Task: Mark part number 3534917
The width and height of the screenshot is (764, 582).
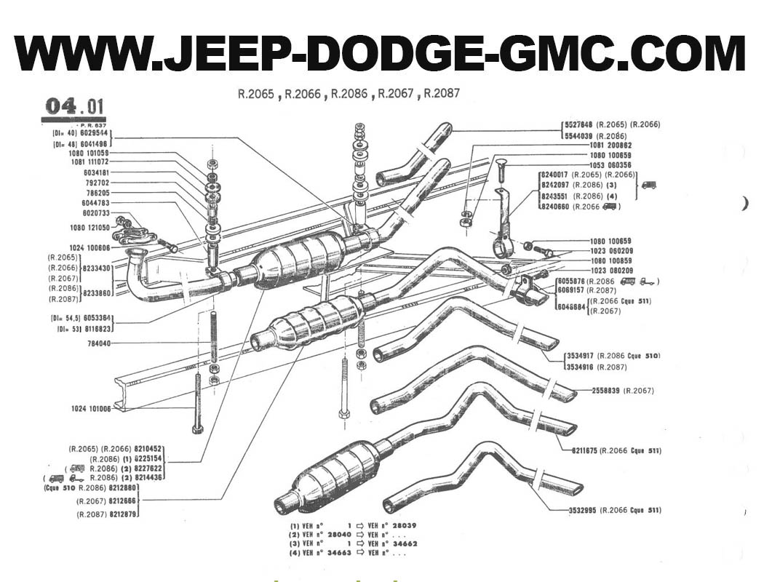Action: click(x=580, y=356)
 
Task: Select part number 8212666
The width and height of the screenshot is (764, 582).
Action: click(x=122, y=502)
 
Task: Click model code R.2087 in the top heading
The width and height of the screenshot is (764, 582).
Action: click(x=442, y=94)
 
